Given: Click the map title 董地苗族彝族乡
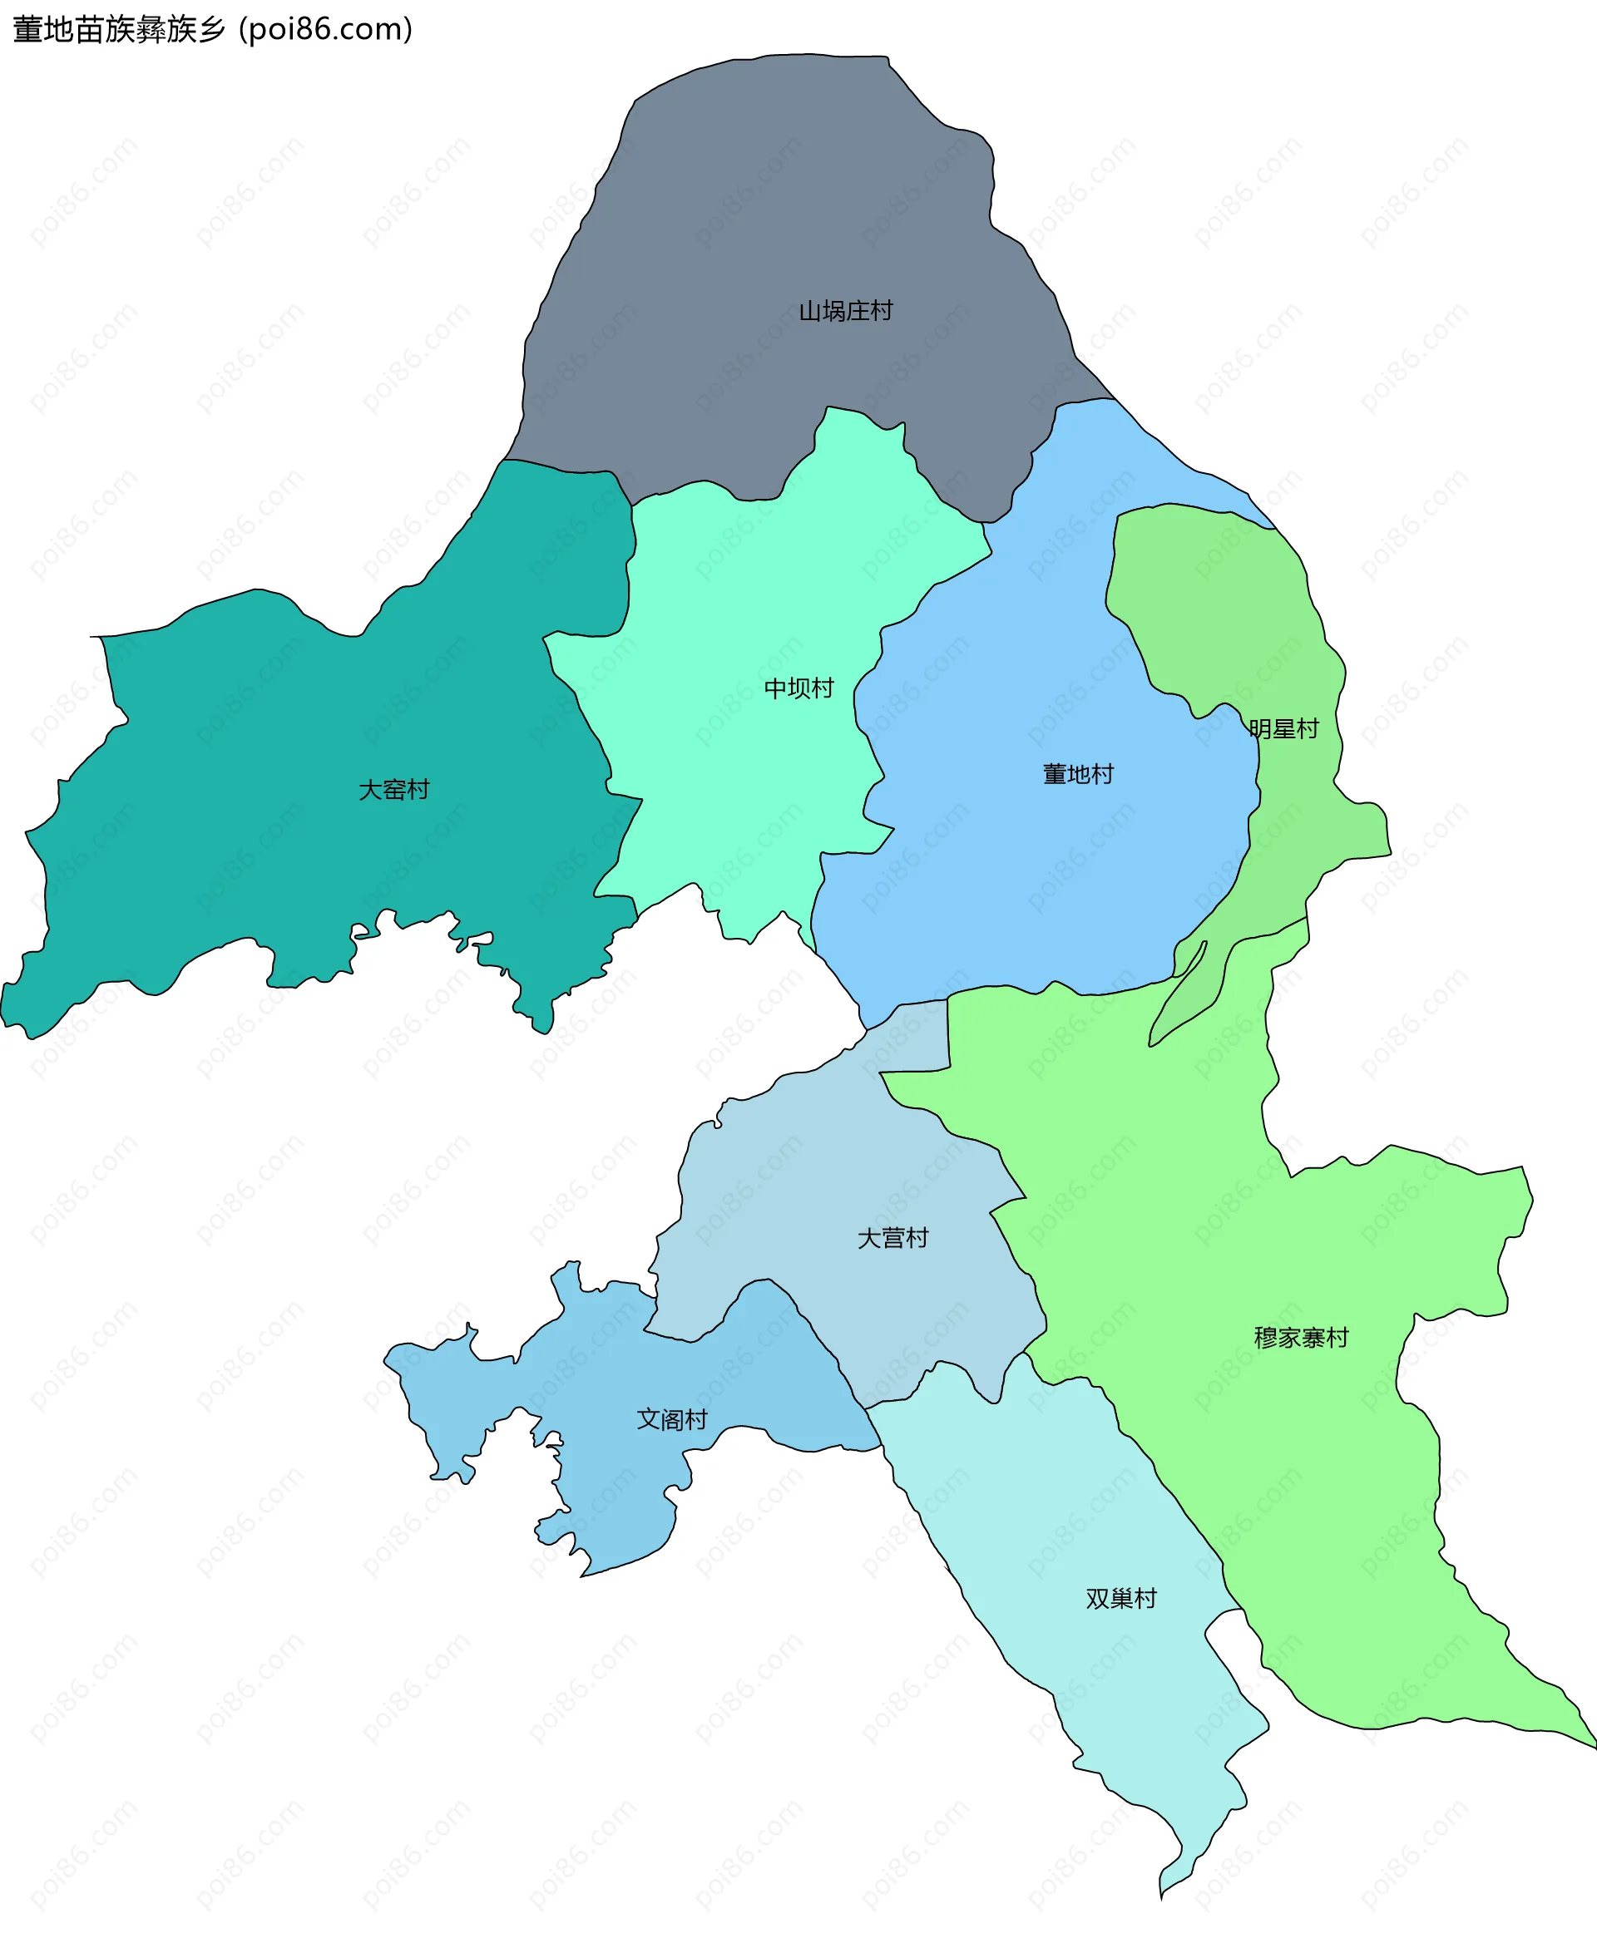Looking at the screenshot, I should [119, 29].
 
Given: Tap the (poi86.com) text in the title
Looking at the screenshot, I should [326, 29].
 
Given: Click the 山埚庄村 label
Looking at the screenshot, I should [844, 311].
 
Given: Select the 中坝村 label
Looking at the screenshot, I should [798, 688].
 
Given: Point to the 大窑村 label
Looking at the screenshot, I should [393, 789].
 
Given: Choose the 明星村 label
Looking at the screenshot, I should [1283, 728].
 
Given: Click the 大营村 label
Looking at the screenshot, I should [892, 1238].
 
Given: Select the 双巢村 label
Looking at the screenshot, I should [1120, 1598].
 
